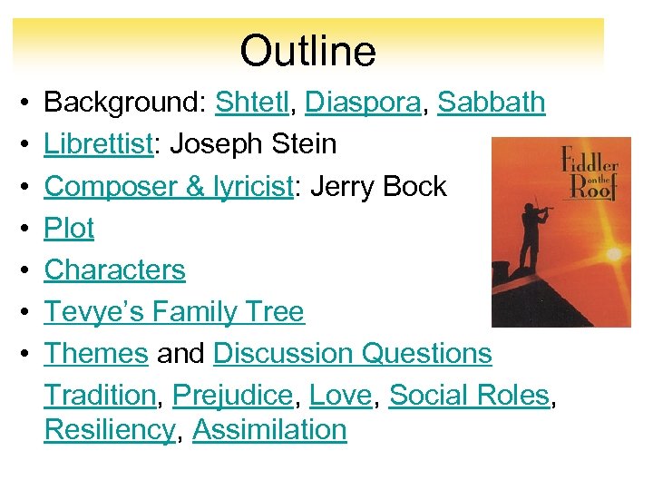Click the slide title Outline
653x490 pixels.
tap(307, 51)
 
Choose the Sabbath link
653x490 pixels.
tap(492, 103)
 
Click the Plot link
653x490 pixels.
tap(69, 228)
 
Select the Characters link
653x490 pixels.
tap(114, 269)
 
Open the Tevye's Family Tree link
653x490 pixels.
tap(174, 311)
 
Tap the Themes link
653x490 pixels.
tap(96, 353)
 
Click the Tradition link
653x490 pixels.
tap(100, 395)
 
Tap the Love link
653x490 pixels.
tap(340, 395)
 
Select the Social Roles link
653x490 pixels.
tap(469, 395)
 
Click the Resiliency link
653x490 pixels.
tap(109, 429)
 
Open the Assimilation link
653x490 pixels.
tap(269, 429)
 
